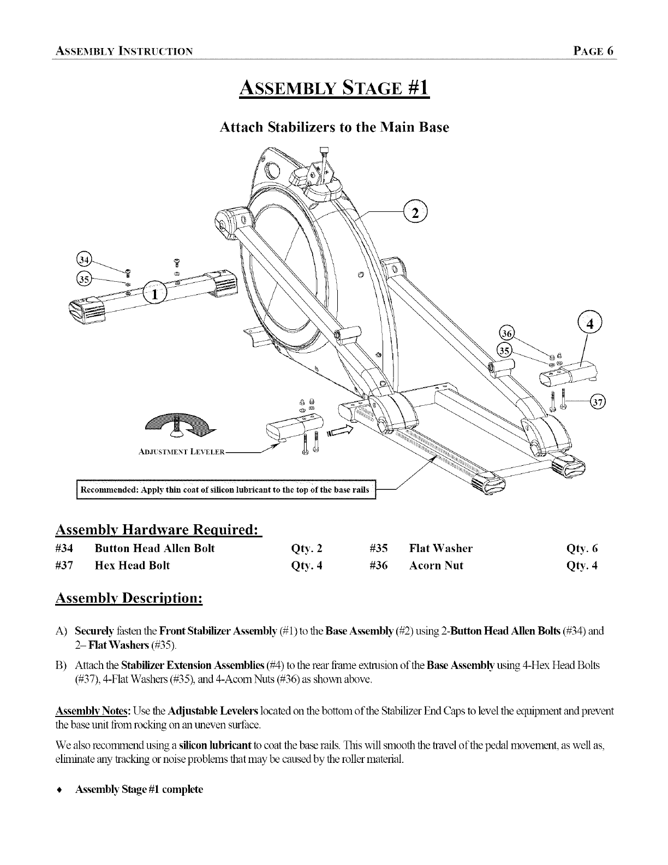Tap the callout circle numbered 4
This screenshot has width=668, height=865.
pyautogui.click(x=589, y=322)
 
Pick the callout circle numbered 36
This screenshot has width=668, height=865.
pyautogui.click(x=508, y=334)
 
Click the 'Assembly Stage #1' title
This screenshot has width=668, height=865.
pyautogui.click(x=335, y=87)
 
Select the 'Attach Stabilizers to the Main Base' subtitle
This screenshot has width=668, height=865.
pyautogui.click(x=334, y=128)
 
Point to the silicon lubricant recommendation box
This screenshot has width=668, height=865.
pyautogui.click(x=225, y=489)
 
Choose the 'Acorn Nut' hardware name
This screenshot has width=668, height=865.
pyautogui.click(x=436, y=566)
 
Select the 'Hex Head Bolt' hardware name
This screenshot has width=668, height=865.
pyautogui.click(x=132, y=566)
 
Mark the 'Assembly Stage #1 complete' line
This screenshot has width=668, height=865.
pyautogui.click(x=139, y=790)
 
